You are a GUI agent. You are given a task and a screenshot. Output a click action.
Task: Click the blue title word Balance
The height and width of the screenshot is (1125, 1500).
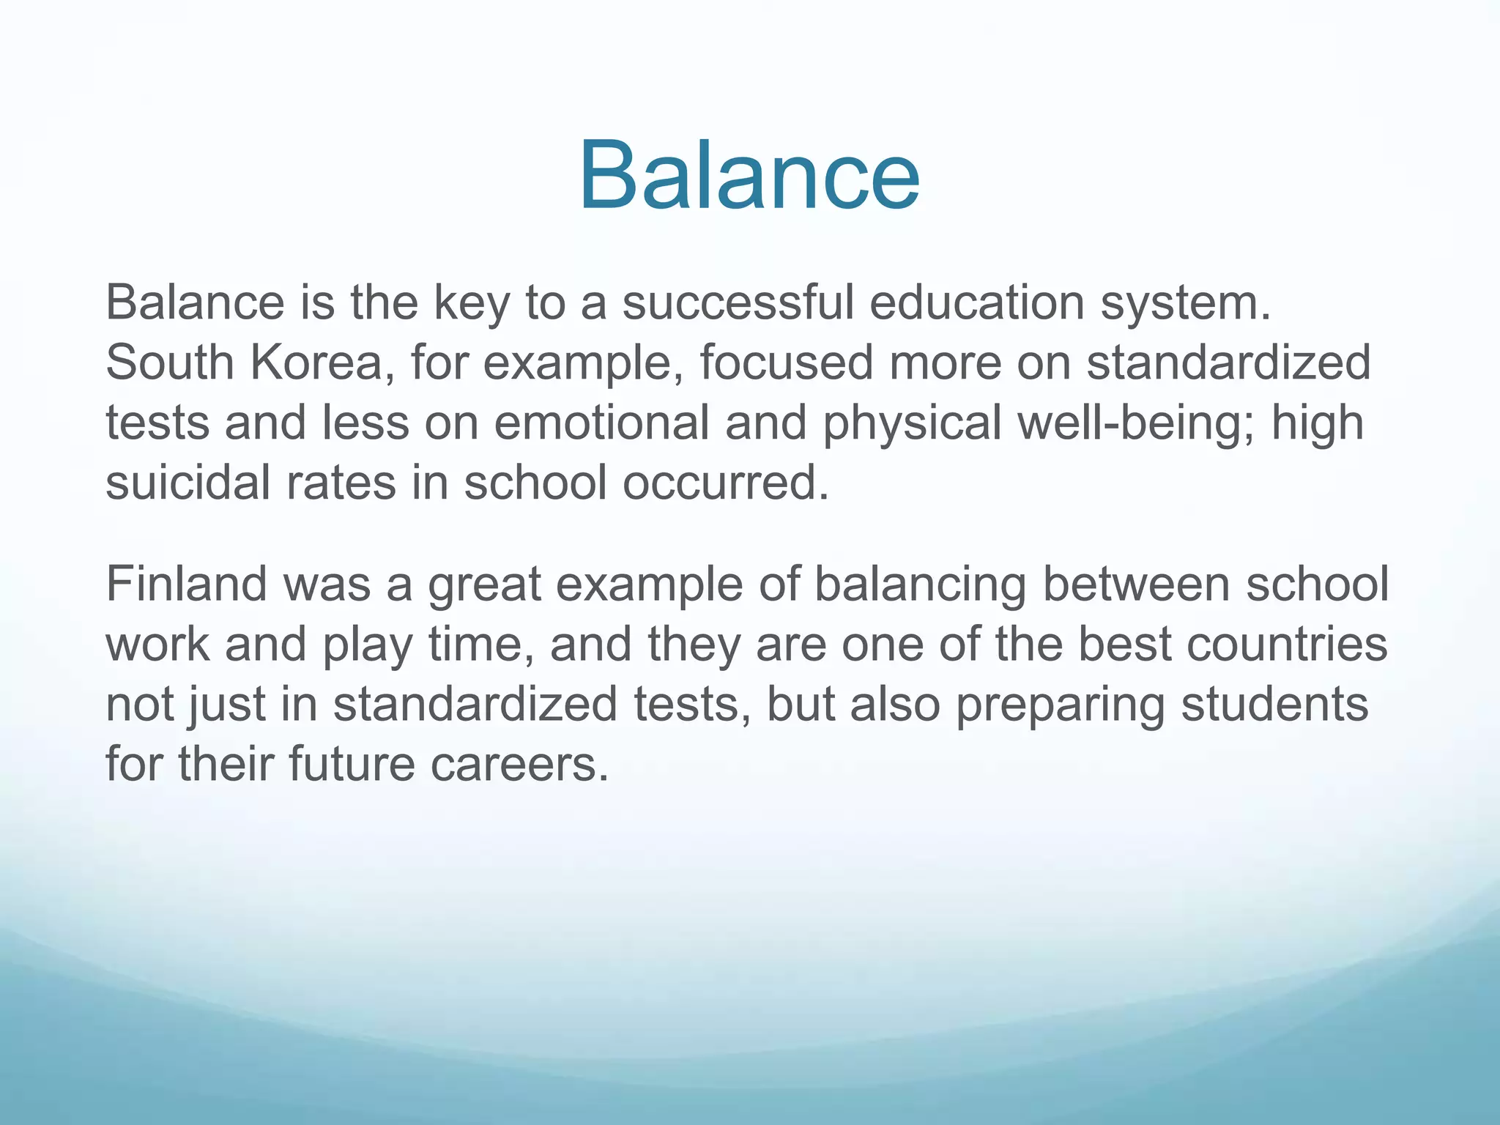749,177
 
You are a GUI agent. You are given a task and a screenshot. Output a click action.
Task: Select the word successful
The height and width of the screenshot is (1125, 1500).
738,303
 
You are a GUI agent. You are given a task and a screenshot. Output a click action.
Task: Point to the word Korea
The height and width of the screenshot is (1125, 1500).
318,363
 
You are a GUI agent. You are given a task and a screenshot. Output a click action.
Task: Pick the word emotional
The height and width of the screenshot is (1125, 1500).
601,423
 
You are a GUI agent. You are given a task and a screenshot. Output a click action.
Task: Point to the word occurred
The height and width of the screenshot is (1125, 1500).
725,483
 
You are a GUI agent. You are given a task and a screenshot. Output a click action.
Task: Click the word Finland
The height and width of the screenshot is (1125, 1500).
187,584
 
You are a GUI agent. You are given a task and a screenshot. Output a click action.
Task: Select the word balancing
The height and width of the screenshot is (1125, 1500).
920,586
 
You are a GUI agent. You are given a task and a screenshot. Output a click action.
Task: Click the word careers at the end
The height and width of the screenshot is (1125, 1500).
519,765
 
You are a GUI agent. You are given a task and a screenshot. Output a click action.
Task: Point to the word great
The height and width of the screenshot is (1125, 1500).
484,586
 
